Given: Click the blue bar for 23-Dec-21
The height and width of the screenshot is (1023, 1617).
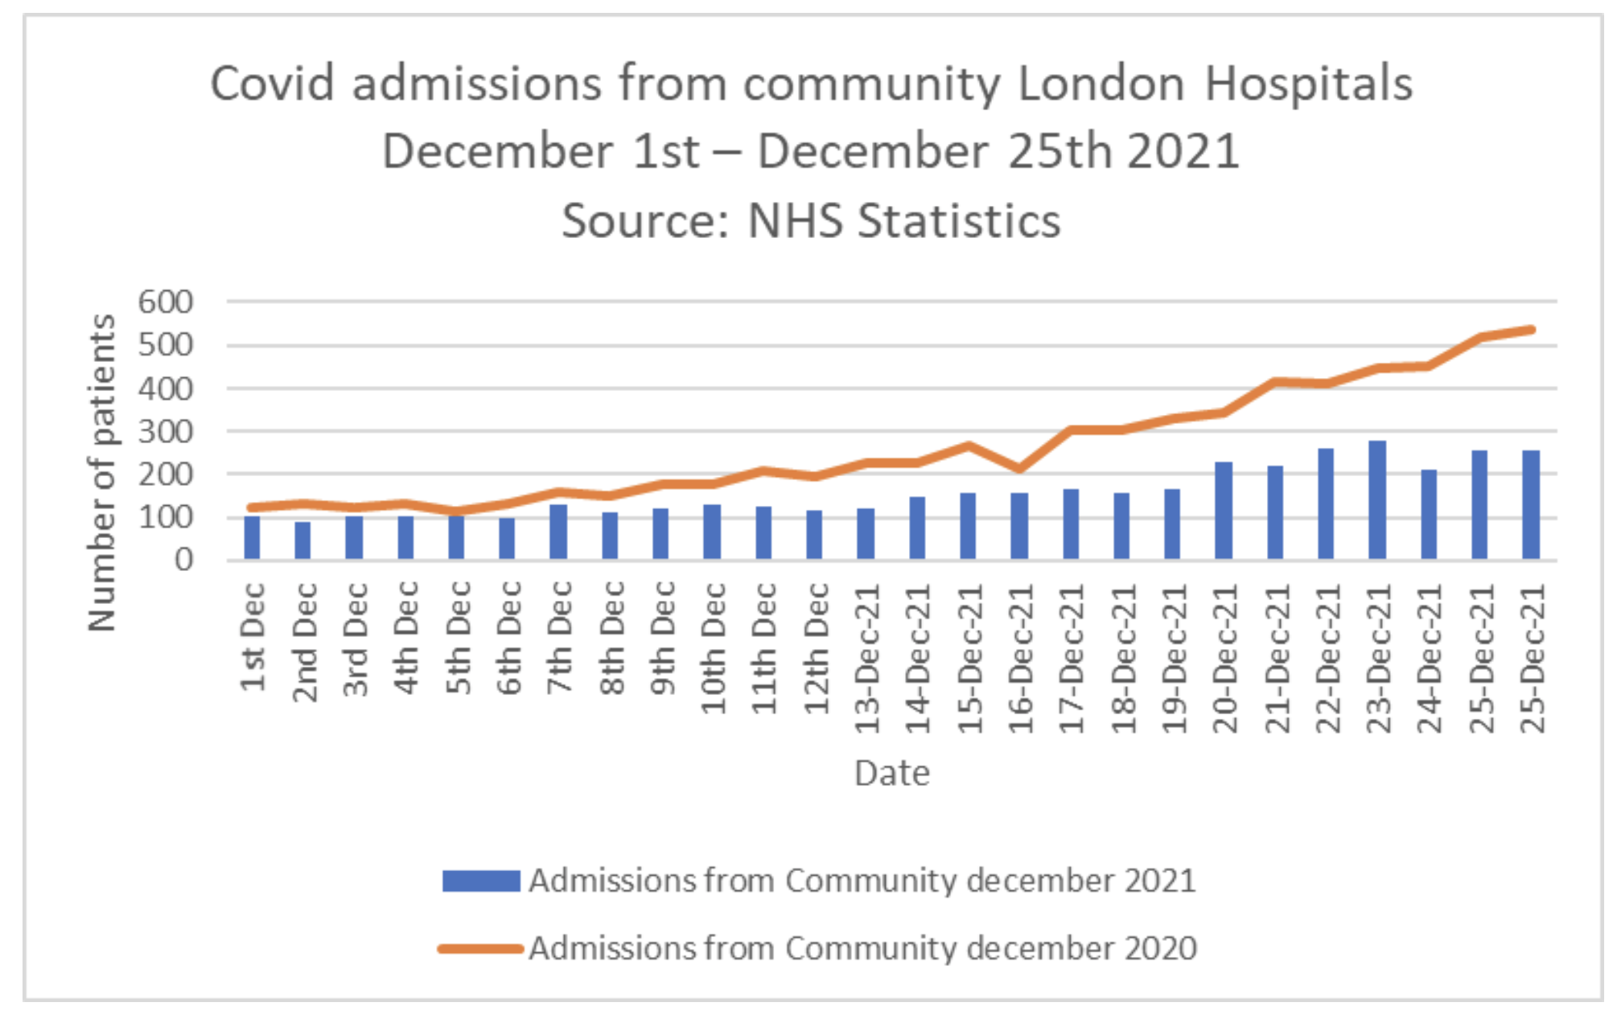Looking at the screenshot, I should (1376, 499).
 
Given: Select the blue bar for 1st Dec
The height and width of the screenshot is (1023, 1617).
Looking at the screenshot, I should (252, 537).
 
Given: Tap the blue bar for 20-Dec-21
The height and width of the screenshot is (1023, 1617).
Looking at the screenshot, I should (1223, 510).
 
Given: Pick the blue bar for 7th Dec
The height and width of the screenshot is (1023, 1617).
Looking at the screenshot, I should (558, 532).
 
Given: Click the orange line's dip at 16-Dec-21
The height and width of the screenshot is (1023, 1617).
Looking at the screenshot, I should (1018, 468).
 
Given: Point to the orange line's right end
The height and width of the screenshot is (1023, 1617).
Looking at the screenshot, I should (1531, 330).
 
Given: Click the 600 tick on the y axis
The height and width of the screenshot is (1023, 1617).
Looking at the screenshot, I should (166, 302).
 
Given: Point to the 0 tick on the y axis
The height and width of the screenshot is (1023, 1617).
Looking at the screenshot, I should (184, 560).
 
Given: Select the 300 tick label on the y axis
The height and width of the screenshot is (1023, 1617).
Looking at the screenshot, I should (166, 432).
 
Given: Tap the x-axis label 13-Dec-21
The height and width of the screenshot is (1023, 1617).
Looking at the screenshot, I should (866, 658).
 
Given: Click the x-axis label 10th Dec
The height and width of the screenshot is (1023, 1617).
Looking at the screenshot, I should (713, 647).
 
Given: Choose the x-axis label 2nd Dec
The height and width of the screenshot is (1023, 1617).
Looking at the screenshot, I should (304, 641).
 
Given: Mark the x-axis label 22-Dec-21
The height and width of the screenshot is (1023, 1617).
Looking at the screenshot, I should (1327, 658).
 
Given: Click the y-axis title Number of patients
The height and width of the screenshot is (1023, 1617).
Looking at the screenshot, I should (102, 473).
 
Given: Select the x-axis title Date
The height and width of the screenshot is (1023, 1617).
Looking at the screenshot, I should (891, 774).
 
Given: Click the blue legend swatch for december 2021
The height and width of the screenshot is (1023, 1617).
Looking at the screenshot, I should (481, 881).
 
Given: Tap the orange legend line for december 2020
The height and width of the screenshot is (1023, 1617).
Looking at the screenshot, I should (481, 949).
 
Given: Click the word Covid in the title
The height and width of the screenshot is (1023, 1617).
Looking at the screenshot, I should (272, 84).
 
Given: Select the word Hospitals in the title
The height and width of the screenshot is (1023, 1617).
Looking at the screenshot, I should (1308, 84).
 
